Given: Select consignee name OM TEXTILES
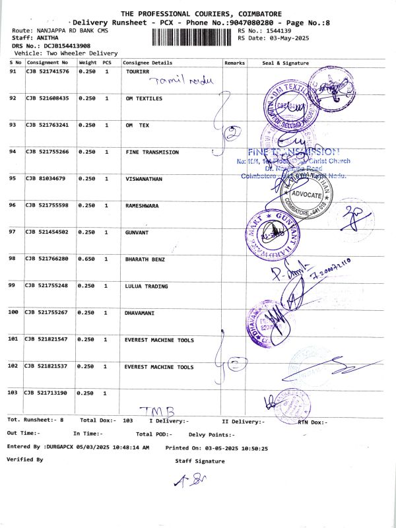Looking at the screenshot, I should [143, 98].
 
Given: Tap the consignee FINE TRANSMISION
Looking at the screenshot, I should [152, 152].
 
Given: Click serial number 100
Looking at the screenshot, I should [13, 312].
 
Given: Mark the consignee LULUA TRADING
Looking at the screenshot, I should [147, 286].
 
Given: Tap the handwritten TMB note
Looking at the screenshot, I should [152, 412].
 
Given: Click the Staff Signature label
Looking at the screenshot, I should [199, 461].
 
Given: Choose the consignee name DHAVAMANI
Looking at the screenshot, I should [139, 312].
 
